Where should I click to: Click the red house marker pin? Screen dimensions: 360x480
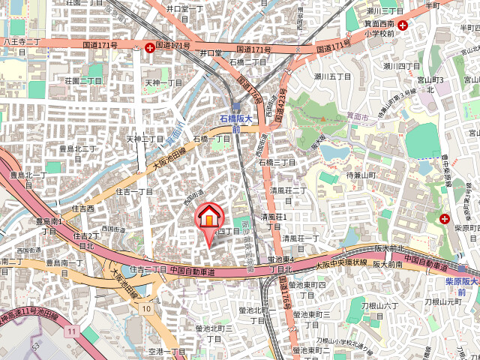pos(209,217)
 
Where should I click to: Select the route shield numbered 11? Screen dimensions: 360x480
pos(71,331)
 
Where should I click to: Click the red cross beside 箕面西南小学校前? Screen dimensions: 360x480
pos(403,25)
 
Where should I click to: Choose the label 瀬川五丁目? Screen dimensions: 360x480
pos(332,76)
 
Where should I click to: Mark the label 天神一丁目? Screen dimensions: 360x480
pos(163,82)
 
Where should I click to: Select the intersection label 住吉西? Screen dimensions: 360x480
pos(82,208)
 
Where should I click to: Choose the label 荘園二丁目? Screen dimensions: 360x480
pos(82,80)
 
